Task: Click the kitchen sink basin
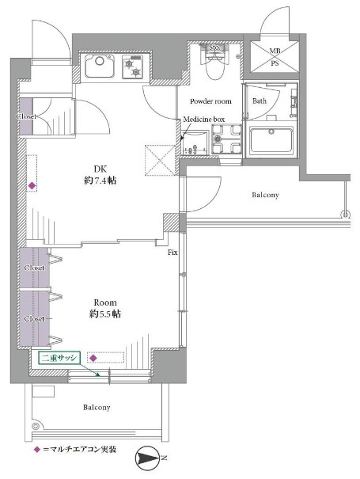[99, 66]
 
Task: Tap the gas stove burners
[133, 67]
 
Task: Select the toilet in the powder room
[216, 63]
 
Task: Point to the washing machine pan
[226, 139]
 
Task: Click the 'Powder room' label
[210, 101]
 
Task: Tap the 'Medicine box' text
[204, 119]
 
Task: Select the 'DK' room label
[100, 169]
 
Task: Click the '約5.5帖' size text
[104, 314]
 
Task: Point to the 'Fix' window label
[172, 253]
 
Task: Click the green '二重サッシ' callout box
[59, 358]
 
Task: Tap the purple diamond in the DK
[32, 185]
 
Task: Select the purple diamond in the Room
[93, 358]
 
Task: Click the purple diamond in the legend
[37, 450]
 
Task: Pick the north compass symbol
[147, 458]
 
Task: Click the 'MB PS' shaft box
[275, 56]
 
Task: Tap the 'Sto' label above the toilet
[214, 48]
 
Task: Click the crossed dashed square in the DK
[161, 160]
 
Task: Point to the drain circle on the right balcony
[345, 214]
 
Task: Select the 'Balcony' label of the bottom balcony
[97, 407]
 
